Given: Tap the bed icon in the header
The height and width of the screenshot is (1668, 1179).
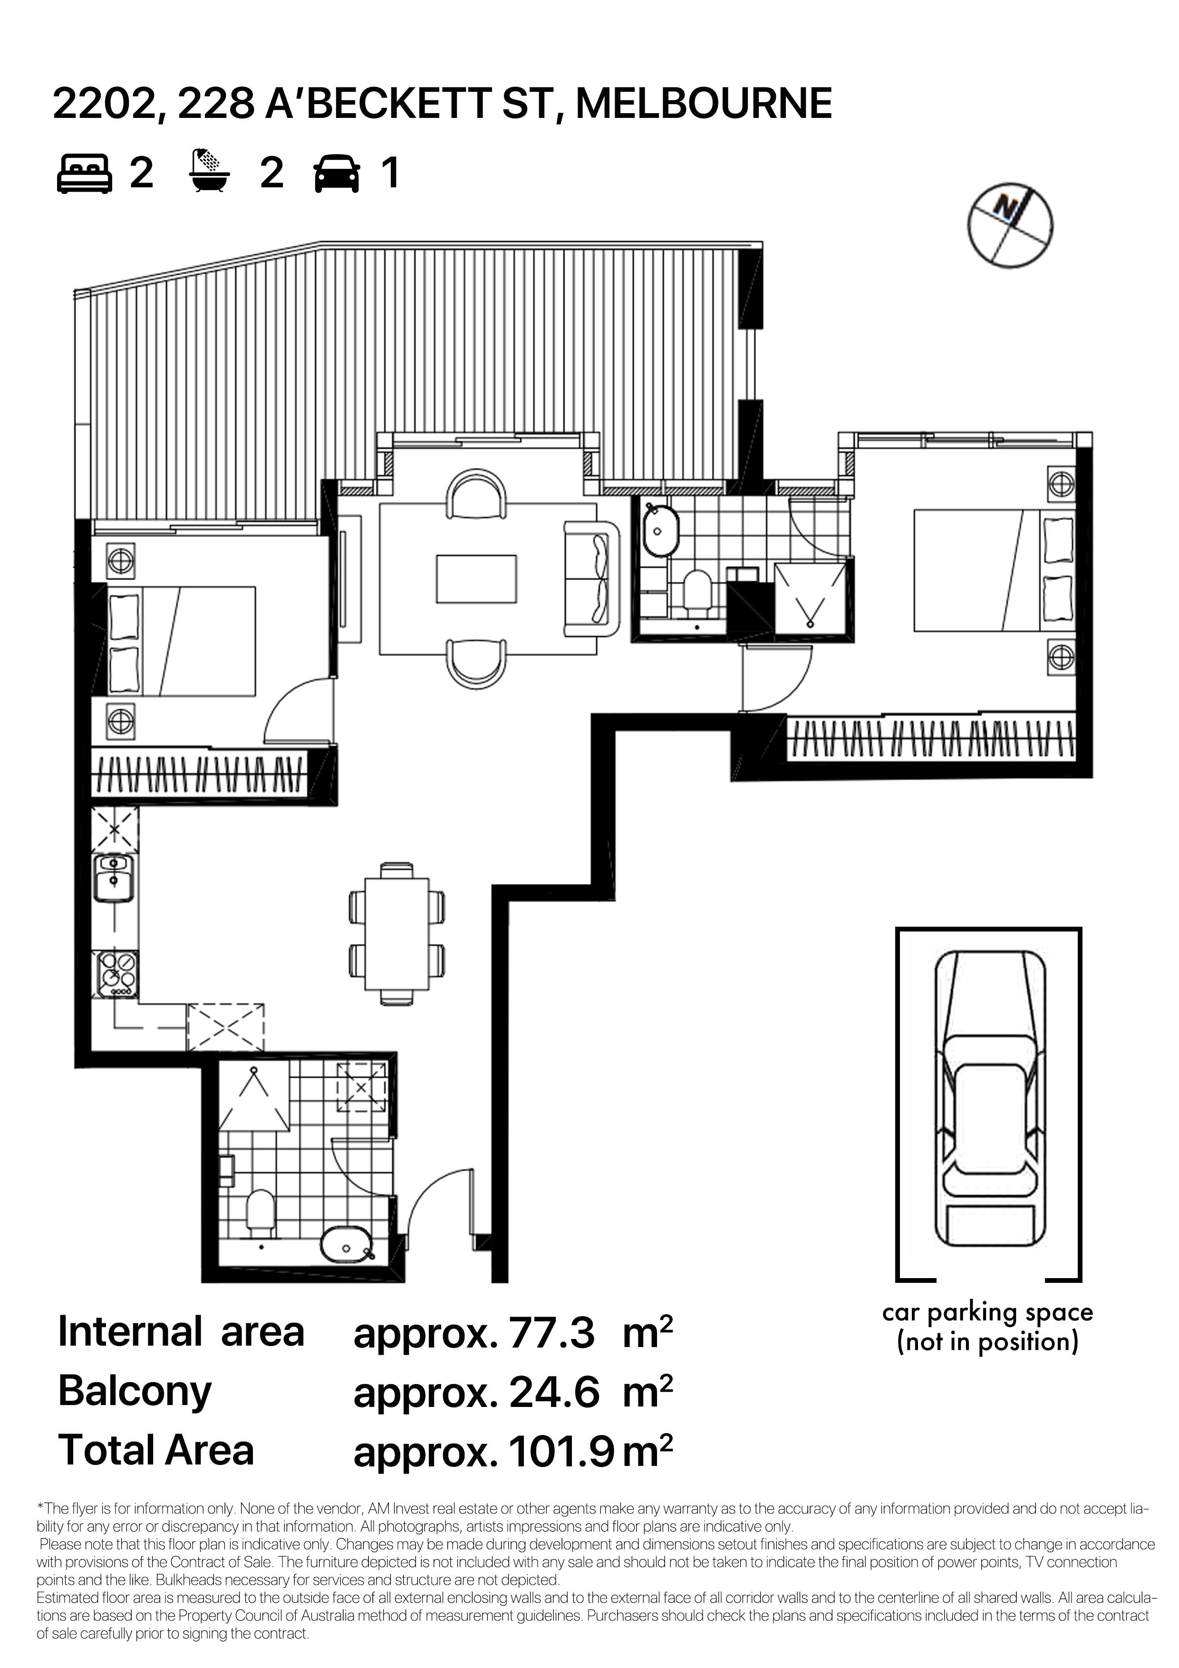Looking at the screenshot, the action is tap(84, 174).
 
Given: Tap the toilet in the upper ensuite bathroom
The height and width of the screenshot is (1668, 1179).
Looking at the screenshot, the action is tap(699, 588).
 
